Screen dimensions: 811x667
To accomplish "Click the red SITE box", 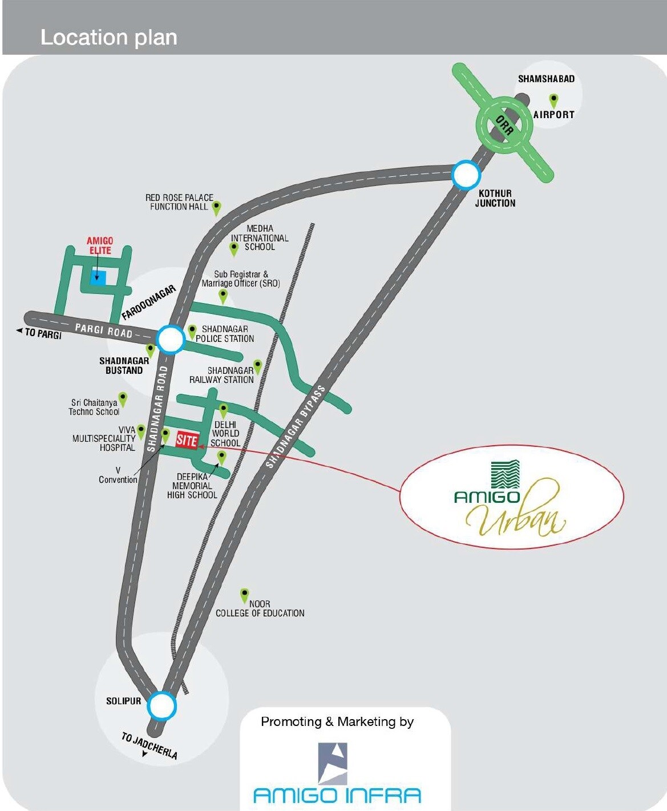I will pyautogui.click(x=187, y=440).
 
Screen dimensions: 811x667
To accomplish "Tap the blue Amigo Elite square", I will pyautogui.click(x=98, y=278).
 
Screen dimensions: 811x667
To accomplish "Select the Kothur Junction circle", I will pyautogui.click(x=466, y=175).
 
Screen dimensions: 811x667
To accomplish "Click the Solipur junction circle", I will pyautogui.click(x=161, y=707).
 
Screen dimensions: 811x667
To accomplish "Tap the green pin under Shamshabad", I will pyautogui.click(x=553, y=100).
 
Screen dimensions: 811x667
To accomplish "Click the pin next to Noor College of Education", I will pyautogui.click(x=244, y=595).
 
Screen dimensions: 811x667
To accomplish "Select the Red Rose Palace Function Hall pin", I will pyautogui.click(x=216, y=208).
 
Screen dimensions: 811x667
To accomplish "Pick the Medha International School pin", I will pyautogui.click(x=233, y=249).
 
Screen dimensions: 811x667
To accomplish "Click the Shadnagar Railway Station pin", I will pyautogui.click(x=257, y=366).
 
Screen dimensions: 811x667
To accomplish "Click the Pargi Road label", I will pyautogui.click(x=103, y=330).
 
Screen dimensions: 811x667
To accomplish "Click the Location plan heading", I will pyautogui.click(x=108, y=37).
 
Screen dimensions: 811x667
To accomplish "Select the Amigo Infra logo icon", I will pyautogui.click(x=333, y=763).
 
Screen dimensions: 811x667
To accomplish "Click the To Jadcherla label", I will pyautogui.click(x=149, y=745).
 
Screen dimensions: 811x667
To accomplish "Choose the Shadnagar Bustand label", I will pyautogui.click(x=124, y=365).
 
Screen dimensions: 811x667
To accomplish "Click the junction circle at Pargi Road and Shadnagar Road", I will pyautogui.click(x=171, y=340).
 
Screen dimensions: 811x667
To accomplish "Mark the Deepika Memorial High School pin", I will pyautogui.click(x=221, y=457).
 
